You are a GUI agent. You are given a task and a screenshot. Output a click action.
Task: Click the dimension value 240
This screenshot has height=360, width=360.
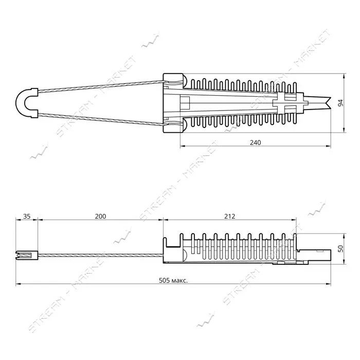tap(255, 142)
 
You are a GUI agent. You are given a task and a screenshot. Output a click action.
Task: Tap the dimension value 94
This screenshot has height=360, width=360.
tap(340, 103)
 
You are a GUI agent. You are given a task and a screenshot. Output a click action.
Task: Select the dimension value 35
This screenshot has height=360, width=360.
tap(27, 217)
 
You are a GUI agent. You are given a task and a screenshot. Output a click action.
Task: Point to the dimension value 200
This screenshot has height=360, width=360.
tap(101, 217)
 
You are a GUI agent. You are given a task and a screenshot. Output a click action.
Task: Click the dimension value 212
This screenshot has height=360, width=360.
tap(229, 217)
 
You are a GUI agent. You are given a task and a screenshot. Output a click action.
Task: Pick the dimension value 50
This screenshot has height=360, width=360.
tap(340, 248)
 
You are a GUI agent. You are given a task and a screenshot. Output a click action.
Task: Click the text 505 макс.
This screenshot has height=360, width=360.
tap(173, 280)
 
